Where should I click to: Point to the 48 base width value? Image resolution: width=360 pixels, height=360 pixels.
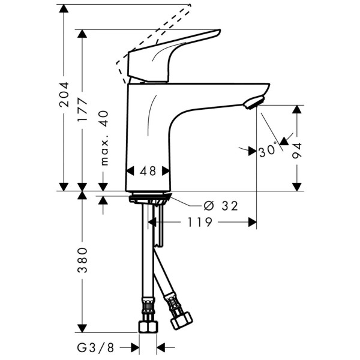click(x=148, y=171)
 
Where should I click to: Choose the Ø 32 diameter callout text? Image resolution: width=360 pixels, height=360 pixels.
click(x=220, y=206)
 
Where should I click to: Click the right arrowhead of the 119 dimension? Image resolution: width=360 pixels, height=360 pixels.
click(x=252, y=223)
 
